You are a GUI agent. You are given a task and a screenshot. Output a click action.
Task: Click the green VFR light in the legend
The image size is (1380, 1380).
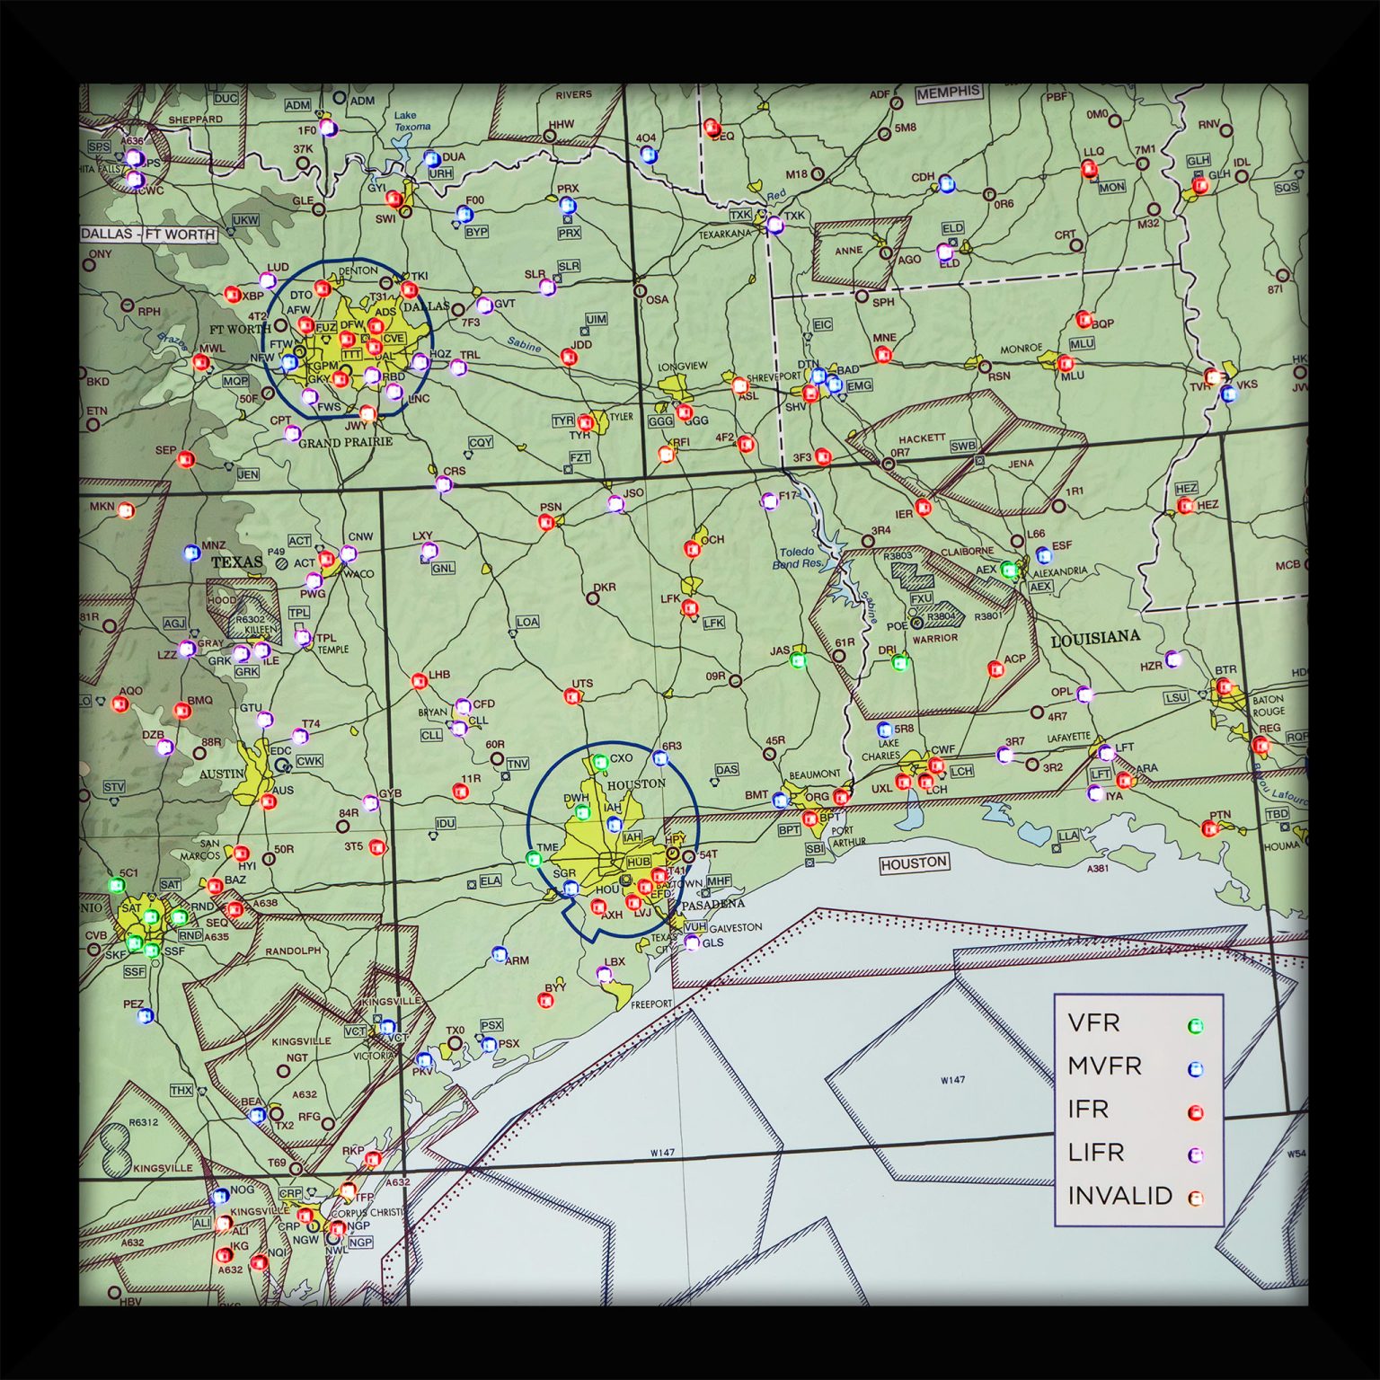point(1195,1026)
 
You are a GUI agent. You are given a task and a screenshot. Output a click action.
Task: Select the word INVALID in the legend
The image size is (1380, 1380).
point(1119,1196)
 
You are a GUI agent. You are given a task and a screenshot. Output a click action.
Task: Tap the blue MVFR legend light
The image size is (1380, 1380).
point(1195,1069)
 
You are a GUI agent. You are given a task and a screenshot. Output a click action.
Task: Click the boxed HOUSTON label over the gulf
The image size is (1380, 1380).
point(913,863)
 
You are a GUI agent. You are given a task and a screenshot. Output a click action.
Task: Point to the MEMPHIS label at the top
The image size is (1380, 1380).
point(949,92)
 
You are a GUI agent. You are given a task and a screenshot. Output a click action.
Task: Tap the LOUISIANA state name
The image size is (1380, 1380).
point(1094,639)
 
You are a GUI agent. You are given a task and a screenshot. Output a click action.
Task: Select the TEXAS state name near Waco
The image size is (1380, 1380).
point(237,562)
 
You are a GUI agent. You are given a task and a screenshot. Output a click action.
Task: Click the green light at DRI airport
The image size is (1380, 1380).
point(900,663)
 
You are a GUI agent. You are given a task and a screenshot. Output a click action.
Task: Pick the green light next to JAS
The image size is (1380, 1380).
point(798,660)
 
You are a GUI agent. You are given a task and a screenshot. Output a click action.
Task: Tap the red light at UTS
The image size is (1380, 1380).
point(572,695)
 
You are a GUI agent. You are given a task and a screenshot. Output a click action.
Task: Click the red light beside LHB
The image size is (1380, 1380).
point(419,681)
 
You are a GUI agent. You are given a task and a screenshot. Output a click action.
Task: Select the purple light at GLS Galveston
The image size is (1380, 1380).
point(692,942)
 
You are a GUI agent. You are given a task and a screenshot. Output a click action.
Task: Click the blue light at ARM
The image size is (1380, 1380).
point(500,954)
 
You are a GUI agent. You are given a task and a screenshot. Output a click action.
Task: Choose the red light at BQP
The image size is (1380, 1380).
point(1084,319)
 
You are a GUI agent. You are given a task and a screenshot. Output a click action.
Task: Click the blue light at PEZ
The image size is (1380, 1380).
point(146,1016)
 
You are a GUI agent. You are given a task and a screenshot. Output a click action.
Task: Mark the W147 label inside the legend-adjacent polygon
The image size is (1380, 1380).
point(952,1079)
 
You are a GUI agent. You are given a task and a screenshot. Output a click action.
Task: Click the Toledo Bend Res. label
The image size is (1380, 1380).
point(796,558)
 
